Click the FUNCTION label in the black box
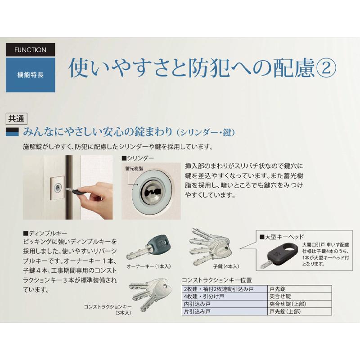point(30,49)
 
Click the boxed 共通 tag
point(16,119)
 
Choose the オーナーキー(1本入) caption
point(148,266)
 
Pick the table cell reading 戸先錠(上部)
point(284,311)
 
